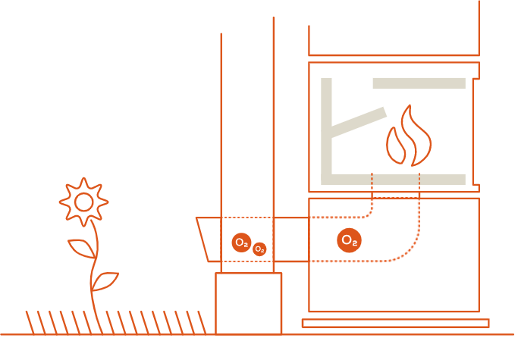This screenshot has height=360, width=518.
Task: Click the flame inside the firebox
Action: [408, 139]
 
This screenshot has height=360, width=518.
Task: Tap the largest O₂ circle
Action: [349, 240]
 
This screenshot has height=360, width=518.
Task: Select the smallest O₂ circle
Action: [259, 249]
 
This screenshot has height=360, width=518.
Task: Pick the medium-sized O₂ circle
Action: [241, 243]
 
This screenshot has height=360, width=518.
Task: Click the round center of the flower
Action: [83, 202]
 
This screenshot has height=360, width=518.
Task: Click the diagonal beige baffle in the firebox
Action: [359, 122]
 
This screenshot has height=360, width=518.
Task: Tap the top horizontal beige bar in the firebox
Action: [419, 83]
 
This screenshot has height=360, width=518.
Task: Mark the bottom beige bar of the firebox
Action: [394, 180]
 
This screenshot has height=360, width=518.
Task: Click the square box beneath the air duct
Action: [248, 303]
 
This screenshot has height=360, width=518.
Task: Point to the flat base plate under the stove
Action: [395, 323]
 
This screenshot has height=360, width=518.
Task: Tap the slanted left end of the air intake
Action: [203, 239]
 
